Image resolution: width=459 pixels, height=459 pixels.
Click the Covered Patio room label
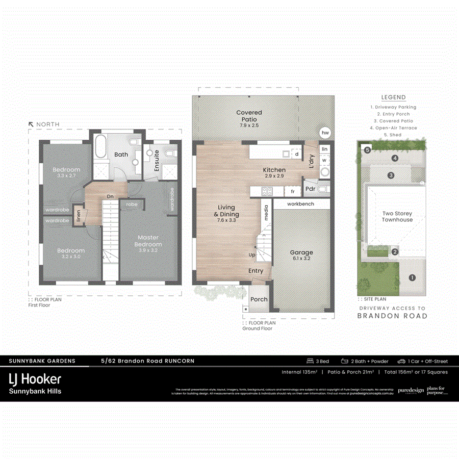(249, 116)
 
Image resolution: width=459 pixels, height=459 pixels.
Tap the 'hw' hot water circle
(324, 133)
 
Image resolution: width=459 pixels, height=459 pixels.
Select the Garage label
(301, 256)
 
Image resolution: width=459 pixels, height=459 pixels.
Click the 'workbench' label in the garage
(301, 204)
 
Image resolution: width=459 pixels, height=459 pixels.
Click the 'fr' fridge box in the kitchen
(293, 191)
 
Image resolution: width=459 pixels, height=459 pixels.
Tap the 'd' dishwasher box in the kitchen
(296, 154)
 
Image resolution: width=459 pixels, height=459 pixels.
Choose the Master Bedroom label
(148, 241)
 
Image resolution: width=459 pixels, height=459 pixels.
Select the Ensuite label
(157, 160)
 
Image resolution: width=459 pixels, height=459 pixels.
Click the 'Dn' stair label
(110, 196)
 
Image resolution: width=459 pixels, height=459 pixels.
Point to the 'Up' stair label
(251, 254)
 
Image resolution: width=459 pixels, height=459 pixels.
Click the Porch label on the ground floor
(259, 299)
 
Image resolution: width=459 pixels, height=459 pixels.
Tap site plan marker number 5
(367, 149)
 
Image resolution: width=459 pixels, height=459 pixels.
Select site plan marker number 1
(412, 278)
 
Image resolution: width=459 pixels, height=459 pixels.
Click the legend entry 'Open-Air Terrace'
(393, 128)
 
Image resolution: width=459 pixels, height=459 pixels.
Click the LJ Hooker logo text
(35, 379)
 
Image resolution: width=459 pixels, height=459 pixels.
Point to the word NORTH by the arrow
(47, 124)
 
